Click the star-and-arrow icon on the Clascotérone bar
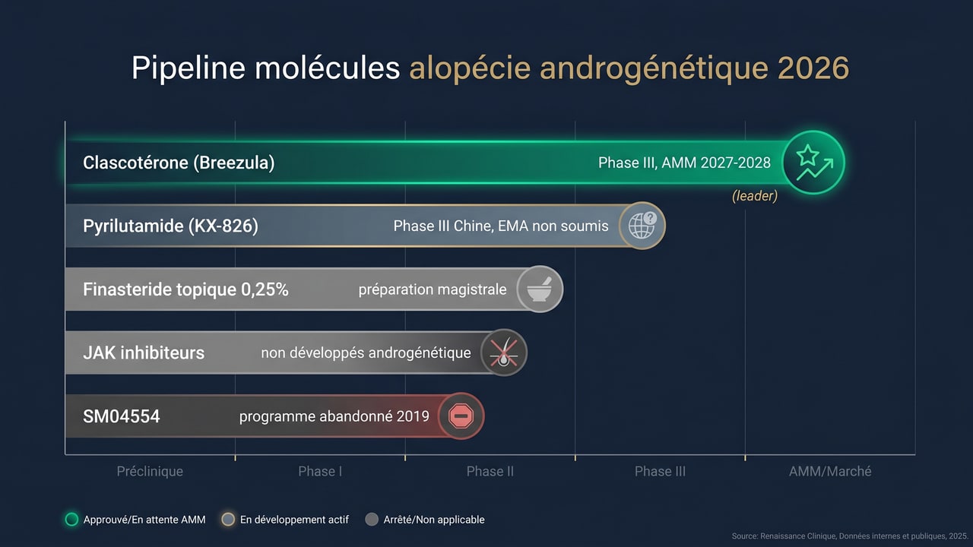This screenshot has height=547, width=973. (x=813, y=162)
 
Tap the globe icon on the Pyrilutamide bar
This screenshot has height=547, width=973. (x=642, y=226)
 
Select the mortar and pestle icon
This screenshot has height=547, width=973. (x=540, y=289)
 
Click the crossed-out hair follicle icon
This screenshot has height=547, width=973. (x=503, y=353)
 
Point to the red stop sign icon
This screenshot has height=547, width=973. (x=461, y=416)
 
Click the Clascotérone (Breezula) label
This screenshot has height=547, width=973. (x=179, y=163)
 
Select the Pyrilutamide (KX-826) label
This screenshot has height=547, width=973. (x=170, y=226)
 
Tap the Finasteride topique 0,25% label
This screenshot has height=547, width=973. (x=185, y=289)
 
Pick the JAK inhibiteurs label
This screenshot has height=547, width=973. (x=144, y=353)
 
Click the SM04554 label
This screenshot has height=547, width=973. (x=122, y=416)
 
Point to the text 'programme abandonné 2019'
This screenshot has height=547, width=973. (x=334, y=416)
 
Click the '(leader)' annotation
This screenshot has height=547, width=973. (x=754, y=196)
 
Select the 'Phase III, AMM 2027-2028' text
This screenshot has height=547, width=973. (x=684, y=163)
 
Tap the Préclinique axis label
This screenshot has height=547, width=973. (x=150, y=471)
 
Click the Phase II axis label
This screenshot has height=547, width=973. (x=490, y=471)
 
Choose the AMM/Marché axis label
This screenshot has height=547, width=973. (x=830, y=471)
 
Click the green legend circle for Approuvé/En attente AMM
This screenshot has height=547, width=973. (x=72, y=520)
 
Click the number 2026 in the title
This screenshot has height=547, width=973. (x=813, y=68)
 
